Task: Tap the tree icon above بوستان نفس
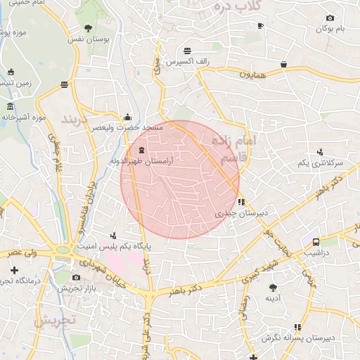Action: pyautogui.click(x=87, y=28)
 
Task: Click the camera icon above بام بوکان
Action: pyautogui.click(x=331, y=18)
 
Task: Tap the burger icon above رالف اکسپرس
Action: pyautogui.click(x=188, y=51)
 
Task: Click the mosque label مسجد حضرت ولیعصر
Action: pyautogui.click(x=134, y=128)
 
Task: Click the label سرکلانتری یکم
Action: pyautogui.click(x=320, y=163)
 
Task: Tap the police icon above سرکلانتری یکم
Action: pyautogui.click(x=320, y=152)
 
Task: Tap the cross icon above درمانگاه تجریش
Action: pyautogui.click(x=13, y=270)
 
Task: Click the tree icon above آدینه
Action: pyautogui.click(x=272, y=287)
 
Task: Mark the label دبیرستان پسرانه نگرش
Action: pyautogui.click(x=296, y=339)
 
